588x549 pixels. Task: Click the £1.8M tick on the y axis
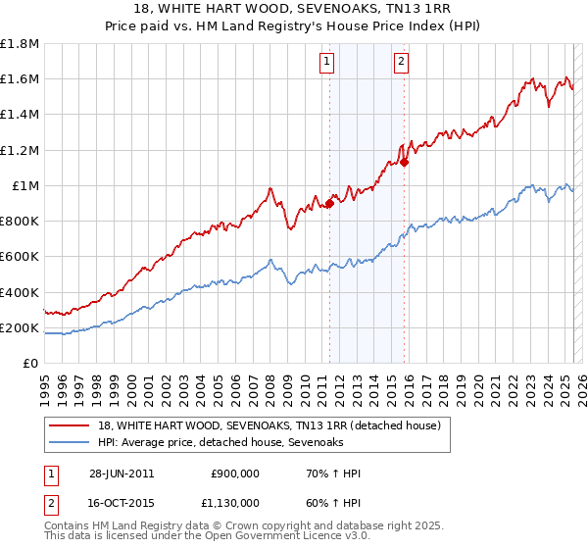click(x=20, y=44)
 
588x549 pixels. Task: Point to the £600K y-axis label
click(x=20, y=257)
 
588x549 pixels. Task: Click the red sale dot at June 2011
click(x=329, y=203)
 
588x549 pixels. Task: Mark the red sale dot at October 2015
click(x=404, y=163)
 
